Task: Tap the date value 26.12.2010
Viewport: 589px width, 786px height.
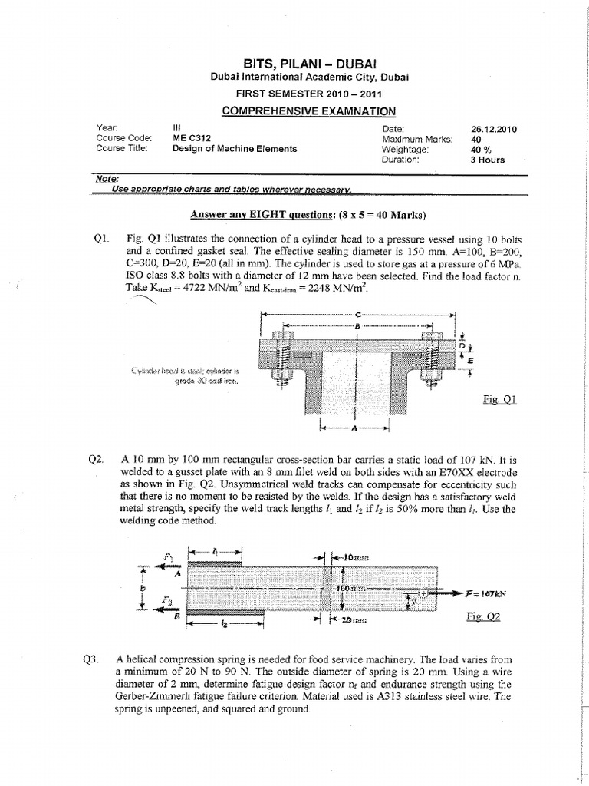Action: (x=495, y=129)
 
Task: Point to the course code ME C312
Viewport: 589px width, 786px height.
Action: (x=192, y=139)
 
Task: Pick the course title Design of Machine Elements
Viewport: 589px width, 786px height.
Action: (x=235, y=149)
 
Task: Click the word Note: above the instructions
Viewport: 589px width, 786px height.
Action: (x=105, y=179)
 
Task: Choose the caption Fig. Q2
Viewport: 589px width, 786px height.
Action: (x=483, y=616)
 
